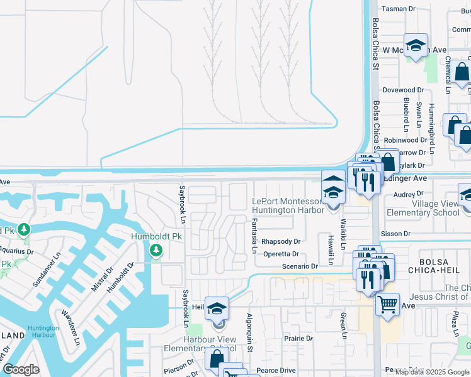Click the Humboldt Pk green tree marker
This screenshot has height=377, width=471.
(156, 251)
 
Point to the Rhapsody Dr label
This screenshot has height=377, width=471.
(281, 241)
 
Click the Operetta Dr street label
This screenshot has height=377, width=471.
(281, 254)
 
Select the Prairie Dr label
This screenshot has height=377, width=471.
(298, 338)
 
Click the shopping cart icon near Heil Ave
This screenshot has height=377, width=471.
(387, 305)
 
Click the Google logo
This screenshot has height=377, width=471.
(21, 369)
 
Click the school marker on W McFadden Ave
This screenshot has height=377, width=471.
(416, 45)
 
